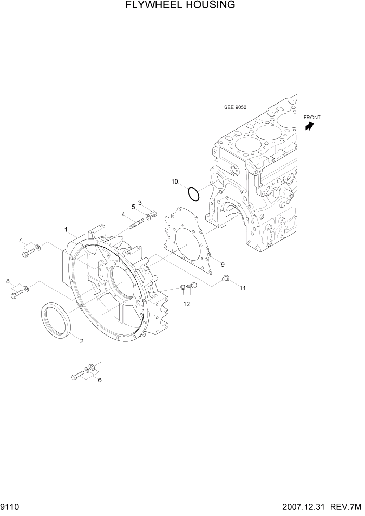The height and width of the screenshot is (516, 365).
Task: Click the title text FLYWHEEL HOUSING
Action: point(173,6)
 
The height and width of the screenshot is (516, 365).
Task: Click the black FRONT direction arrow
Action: point(310,126)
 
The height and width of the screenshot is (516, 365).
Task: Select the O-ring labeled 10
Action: point(193,193)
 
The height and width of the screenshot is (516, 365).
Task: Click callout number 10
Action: point(175,182)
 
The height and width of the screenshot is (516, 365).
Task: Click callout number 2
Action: point(81,341)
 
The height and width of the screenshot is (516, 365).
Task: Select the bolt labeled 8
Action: point(16,295)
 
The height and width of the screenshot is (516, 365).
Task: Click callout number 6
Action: point(100,380)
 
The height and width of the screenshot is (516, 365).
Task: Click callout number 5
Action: point(133,207)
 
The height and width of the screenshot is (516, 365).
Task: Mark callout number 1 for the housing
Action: point(67,229)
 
